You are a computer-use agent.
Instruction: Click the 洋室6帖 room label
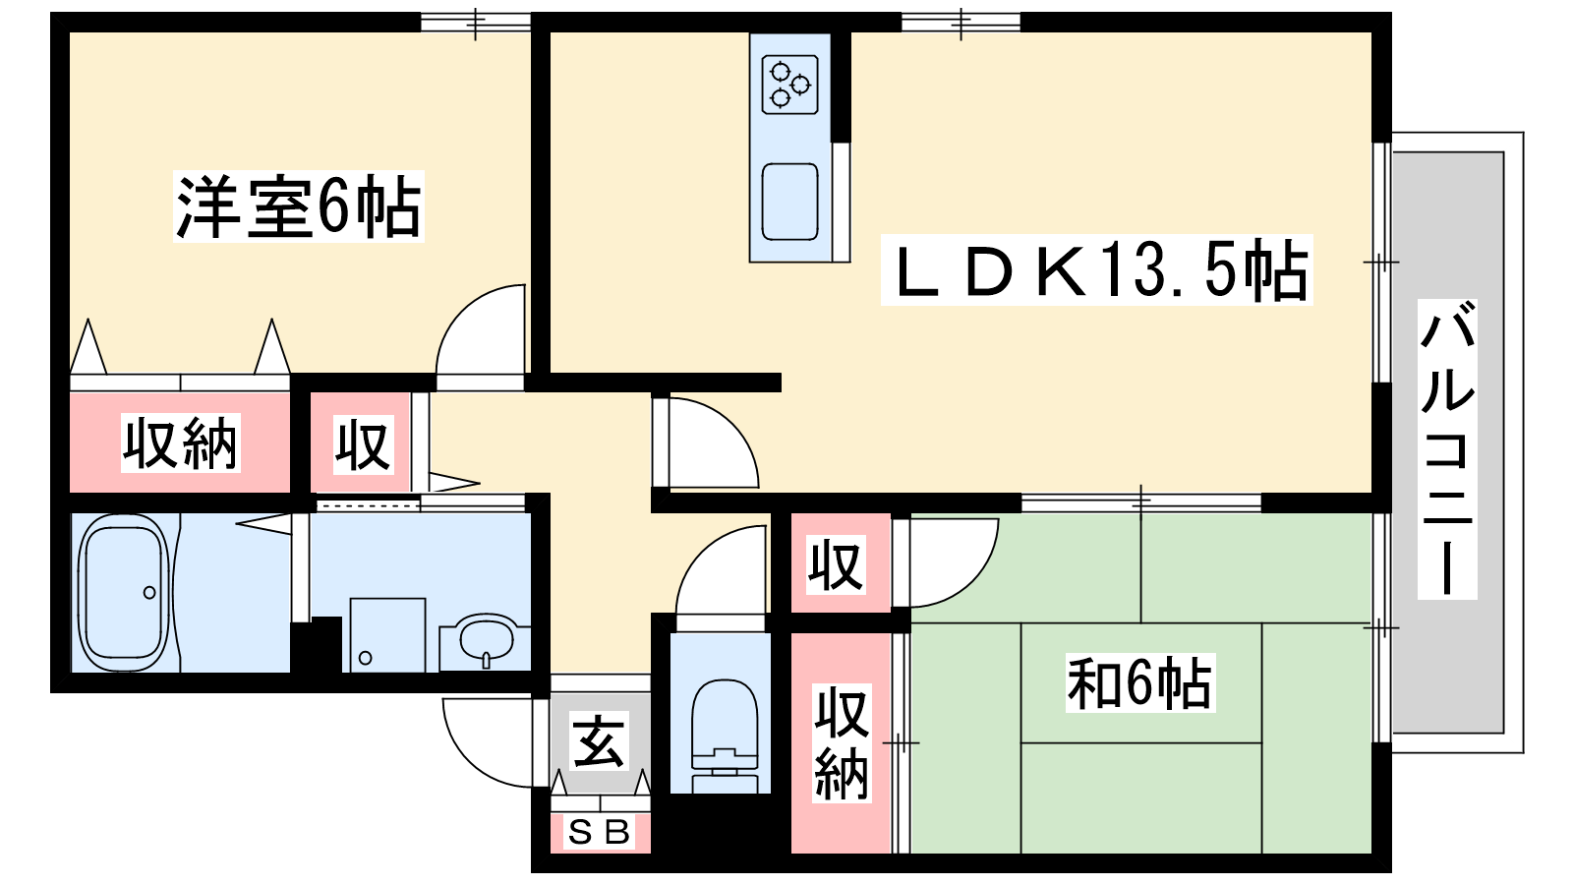coord(299,206)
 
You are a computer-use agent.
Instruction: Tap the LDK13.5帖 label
coord(1097,269)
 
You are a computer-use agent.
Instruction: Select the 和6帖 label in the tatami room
coord(1140,682)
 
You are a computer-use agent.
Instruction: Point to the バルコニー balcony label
coord(1446,448)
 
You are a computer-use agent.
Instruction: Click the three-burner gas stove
coord(790,85)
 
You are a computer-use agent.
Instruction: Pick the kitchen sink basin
coord(790,203)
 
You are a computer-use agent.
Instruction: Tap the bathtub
coord(124,594)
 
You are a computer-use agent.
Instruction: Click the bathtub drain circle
coord(149,593)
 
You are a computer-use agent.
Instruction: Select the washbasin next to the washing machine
coord(486,640)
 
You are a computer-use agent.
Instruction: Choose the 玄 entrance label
coord(599,741)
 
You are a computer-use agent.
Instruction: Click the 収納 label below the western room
coord(181,442)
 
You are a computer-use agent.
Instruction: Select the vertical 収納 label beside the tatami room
coord(842,743)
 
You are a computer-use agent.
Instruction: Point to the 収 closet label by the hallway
coord(363,444)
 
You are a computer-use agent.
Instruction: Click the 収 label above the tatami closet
coord(836,564)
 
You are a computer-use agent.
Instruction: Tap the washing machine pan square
coord(387,635)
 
